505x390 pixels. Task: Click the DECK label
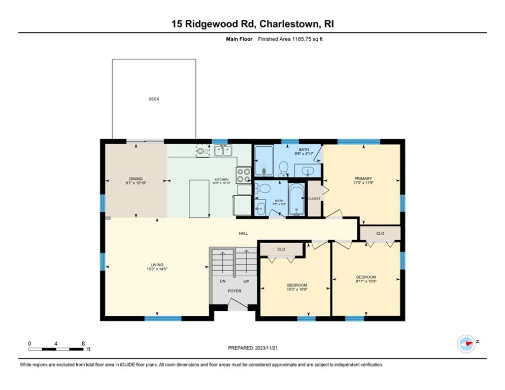(x=153, y=99)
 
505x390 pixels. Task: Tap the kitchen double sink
(x=223, y=150)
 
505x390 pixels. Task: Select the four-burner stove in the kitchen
(x=244, y=175)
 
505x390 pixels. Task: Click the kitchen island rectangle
(x=199, y=198)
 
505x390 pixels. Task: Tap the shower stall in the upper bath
(x=263, y=161)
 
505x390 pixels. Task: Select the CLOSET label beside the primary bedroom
(x=314, y=199)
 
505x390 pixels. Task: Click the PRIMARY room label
(x=363, y=178)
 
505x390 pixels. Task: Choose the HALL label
(x=244, y=234)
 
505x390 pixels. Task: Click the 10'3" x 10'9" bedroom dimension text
(x=297, y=289)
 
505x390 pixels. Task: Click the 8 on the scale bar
(x=83, y=343)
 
